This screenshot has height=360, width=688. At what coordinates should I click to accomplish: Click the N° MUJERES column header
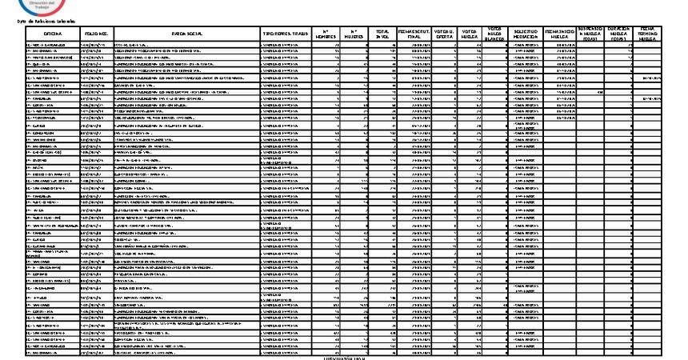[354, 34]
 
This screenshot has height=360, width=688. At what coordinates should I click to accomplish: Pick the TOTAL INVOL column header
[383, 34]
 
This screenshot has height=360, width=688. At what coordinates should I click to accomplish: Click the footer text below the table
[344, 357]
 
